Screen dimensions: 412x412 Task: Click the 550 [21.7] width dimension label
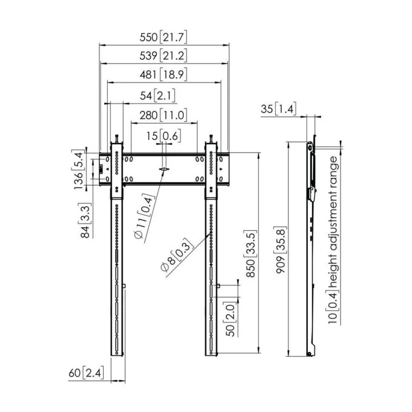(x=163, y=38)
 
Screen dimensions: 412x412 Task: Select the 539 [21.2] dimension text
(x=163, y=56)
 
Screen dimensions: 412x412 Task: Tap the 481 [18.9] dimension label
(x=163, y=75)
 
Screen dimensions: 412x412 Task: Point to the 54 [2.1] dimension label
(x=158, y=96)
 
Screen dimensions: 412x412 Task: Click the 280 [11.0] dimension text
(x=163, y=115)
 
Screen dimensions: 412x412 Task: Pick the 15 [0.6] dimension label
(x=164, y=136)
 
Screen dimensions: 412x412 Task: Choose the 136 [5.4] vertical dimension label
(x=78, y=170)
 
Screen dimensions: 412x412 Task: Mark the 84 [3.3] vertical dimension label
(x=85, y=220)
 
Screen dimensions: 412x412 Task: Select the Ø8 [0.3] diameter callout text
(x=177, y=254)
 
